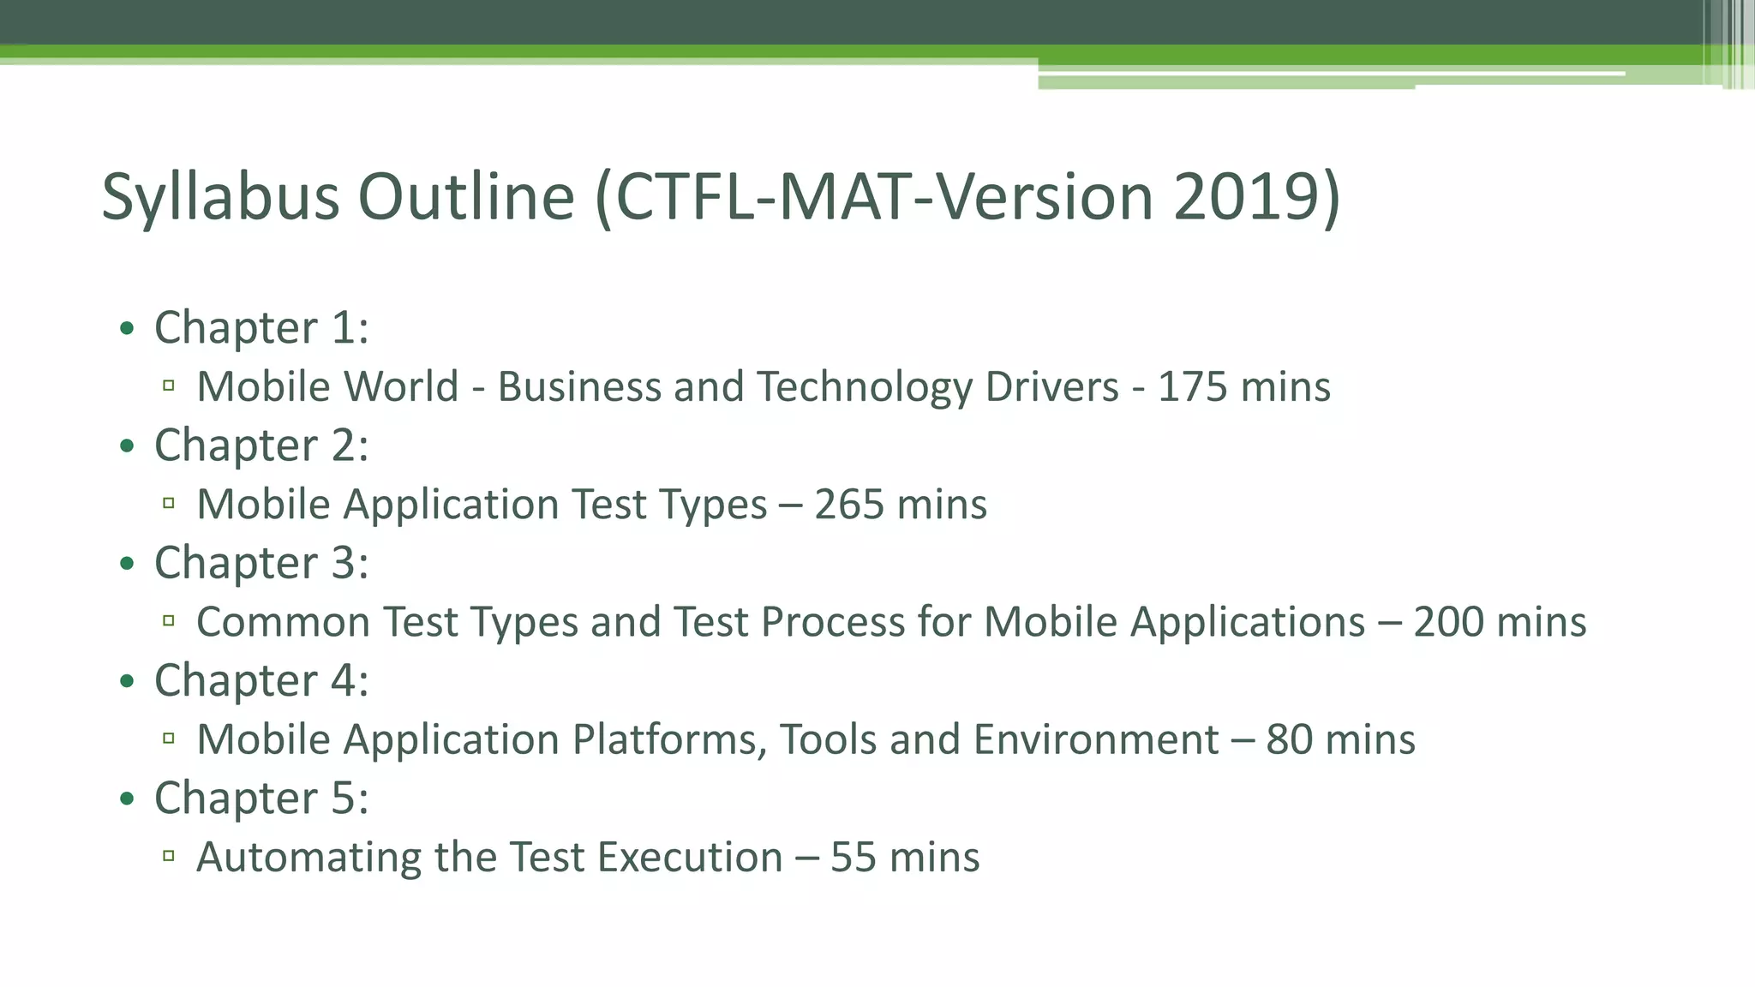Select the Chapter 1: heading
[261, 328]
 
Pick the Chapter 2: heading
[261, 446]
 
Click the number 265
[848, 504]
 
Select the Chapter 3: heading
[261, 563]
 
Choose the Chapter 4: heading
[261, 680]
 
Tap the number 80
[1289, 739]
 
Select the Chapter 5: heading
[261, 798]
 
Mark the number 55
[853, 858]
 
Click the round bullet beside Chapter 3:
[128, 564]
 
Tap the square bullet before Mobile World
[169, 386]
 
